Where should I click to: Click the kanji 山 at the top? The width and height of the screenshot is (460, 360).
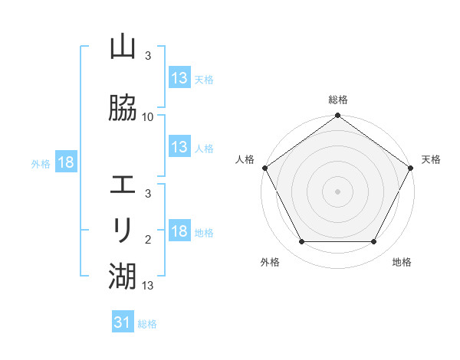tap(123, 47)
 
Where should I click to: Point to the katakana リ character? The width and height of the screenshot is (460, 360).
tap(123, 229)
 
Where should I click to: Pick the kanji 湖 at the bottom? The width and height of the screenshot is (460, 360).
tap(123, 273)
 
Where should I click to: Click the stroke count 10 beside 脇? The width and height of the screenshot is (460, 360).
tap(148, 117)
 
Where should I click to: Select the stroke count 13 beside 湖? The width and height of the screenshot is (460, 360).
tap(148, 286)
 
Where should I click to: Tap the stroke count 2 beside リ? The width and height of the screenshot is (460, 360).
tap(148, 240)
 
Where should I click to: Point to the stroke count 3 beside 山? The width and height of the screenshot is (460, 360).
tap(148, 56)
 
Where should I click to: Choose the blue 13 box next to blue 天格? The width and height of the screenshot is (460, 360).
tap(179, 77)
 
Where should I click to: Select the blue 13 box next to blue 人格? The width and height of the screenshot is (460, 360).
tap(179, 146)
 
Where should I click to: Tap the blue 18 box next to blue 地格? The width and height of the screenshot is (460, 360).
tap(179, 231)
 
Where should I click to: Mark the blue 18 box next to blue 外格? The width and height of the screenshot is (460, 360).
tap(65, 162)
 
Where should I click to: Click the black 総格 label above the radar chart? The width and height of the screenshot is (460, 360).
tap(338, 100)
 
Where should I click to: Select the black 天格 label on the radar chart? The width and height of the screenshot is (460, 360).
tap(431, 159)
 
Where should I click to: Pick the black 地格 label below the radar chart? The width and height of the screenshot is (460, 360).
tap(402, 262)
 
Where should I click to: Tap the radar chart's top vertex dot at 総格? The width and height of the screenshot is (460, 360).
tap(338, 116)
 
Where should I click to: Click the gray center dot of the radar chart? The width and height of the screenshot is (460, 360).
tap(338, 191)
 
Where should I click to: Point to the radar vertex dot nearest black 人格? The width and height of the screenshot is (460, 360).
tap(265, 168)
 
